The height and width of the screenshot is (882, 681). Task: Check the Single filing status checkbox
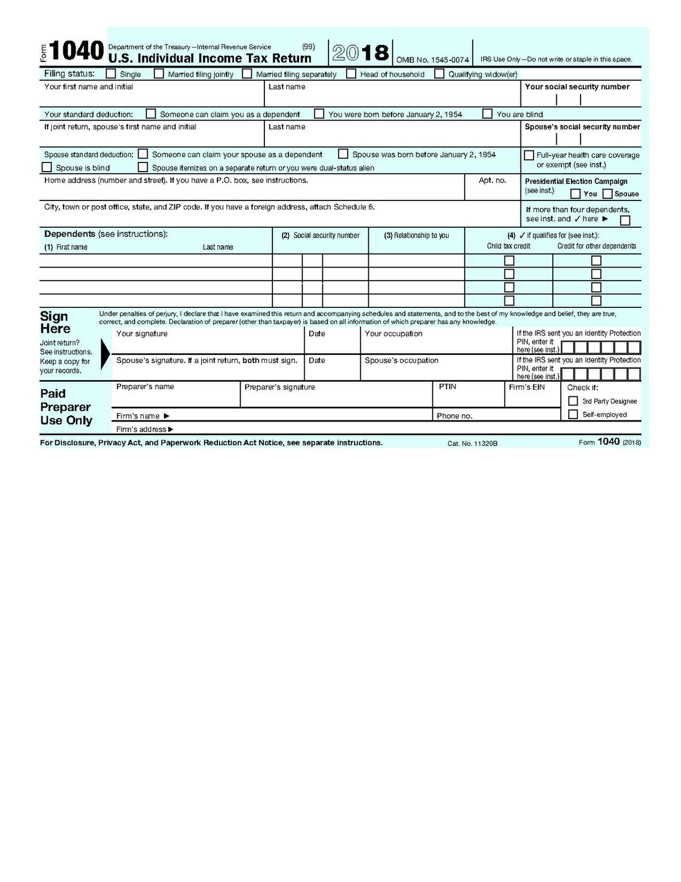(111, 74)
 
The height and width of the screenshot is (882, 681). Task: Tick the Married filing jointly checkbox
(159, 74)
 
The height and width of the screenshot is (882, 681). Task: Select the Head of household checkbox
(351, 74)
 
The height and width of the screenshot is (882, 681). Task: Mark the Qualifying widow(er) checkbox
(439, 74)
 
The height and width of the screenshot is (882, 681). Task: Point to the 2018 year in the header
(360, 53)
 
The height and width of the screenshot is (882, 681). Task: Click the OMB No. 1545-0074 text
(432, 60)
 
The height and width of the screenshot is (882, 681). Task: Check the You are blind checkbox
(487, 114)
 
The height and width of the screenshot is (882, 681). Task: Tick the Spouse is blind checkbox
(47, 168)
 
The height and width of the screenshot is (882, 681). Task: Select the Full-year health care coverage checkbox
(529, 155)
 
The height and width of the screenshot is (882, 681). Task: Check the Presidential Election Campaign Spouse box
(607, 194)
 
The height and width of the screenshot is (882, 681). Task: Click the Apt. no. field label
(492, 181)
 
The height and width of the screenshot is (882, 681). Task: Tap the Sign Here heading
(54, 323)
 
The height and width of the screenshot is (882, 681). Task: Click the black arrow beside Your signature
(105, 354)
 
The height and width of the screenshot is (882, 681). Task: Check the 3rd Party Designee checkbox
(573, 401)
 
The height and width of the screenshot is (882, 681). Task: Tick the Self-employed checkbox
(573, 415)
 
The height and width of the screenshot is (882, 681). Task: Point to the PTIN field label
(447, 387)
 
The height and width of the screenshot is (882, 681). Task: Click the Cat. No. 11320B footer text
(472, 443)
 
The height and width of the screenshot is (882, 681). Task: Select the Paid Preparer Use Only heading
(66, 407)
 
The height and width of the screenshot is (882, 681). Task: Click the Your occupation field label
(393, 334)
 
